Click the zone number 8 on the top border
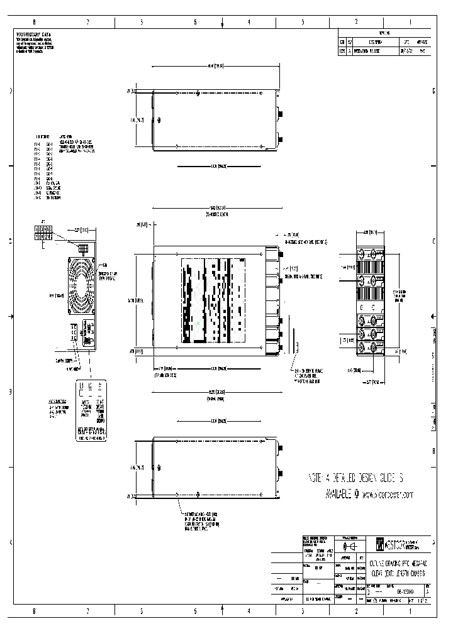point(33,22)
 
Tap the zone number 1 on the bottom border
point(410,610)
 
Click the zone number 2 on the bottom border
point(356,610)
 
